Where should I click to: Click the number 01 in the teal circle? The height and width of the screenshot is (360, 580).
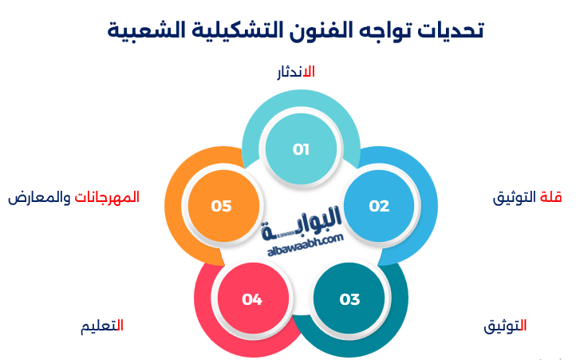pyautogui.click(x=301, y=149)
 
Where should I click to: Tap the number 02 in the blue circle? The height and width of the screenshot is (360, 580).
pyautogui.click(x=379, y=206)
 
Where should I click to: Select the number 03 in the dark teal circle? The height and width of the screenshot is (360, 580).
pyautogui.click(x=349, y=299)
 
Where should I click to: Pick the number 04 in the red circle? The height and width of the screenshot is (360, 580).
pyautogui.click(x=252, y=299)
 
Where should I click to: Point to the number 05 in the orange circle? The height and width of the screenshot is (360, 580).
pyautogui.click(x=221, y=206)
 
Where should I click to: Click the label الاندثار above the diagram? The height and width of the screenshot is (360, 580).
pyautogui.click(x=296, y=72)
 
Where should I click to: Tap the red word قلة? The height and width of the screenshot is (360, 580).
pyautogui.click(x=550, y=197)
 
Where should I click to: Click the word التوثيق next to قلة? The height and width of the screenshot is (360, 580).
pyautogui.click(x=514, y=198)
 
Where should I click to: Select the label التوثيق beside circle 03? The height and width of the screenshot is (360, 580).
pyautogui.click(x=505, y=326)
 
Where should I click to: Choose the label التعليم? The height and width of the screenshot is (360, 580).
pyautogui.click(x=102, y=326)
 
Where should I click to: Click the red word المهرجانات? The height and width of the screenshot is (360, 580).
pyautogui.click(x=107, y=197)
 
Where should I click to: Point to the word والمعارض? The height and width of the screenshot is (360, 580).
pyautogui.click(x=39, y=198)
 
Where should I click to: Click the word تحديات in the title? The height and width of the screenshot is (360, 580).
pyautogui.click(x=451, y=30)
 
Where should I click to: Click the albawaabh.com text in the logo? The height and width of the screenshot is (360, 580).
pyautogui.click(x=306, y=246)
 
